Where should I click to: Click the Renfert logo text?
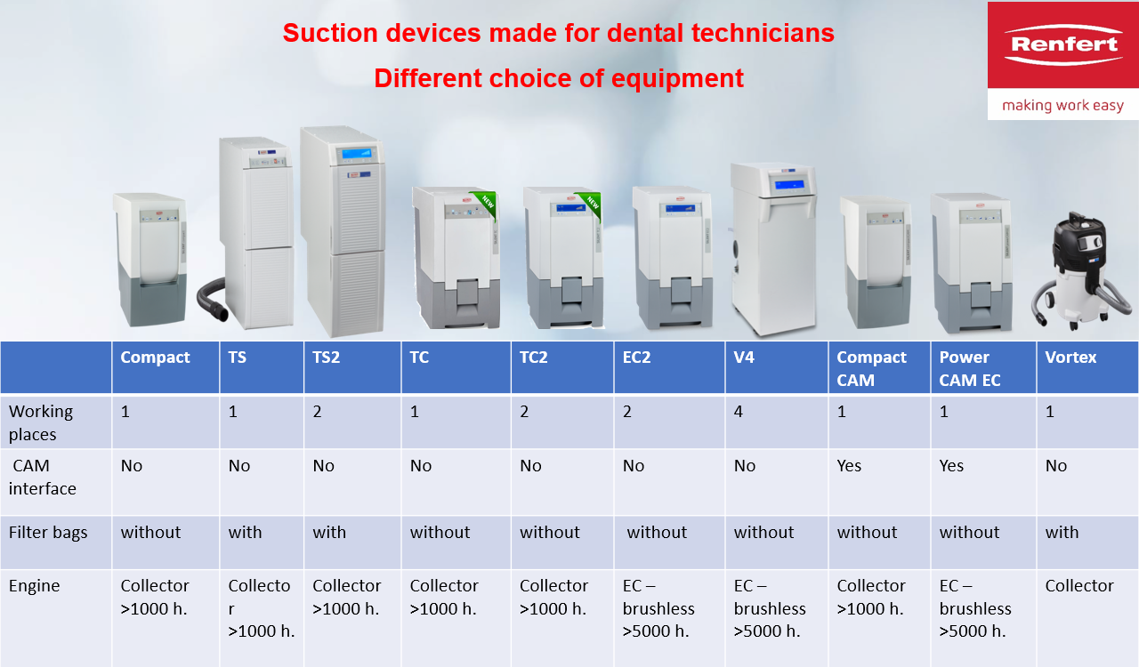1063,44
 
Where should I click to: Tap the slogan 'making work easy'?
1062,105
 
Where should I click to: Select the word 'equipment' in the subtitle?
677,79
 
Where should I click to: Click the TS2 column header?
326,358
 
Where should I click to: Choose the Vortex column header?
1070,358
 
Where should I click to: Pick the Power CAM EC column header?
969,368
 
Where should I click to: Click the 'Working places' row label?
41,422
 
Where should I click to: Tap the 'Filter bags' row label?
48,533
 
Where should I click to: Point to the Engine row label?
34,586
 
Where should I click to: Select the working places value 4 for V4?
739,411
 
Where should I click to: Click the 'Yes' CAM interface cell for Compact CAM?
849,466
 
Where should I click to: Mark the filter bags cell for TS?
245,533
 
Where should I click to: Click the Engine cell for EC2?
658,608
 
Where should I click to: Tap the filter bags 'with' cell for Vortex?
1062,533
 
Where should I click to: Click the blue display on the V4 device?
788,185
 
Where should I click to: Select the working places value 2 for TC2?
524,411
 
